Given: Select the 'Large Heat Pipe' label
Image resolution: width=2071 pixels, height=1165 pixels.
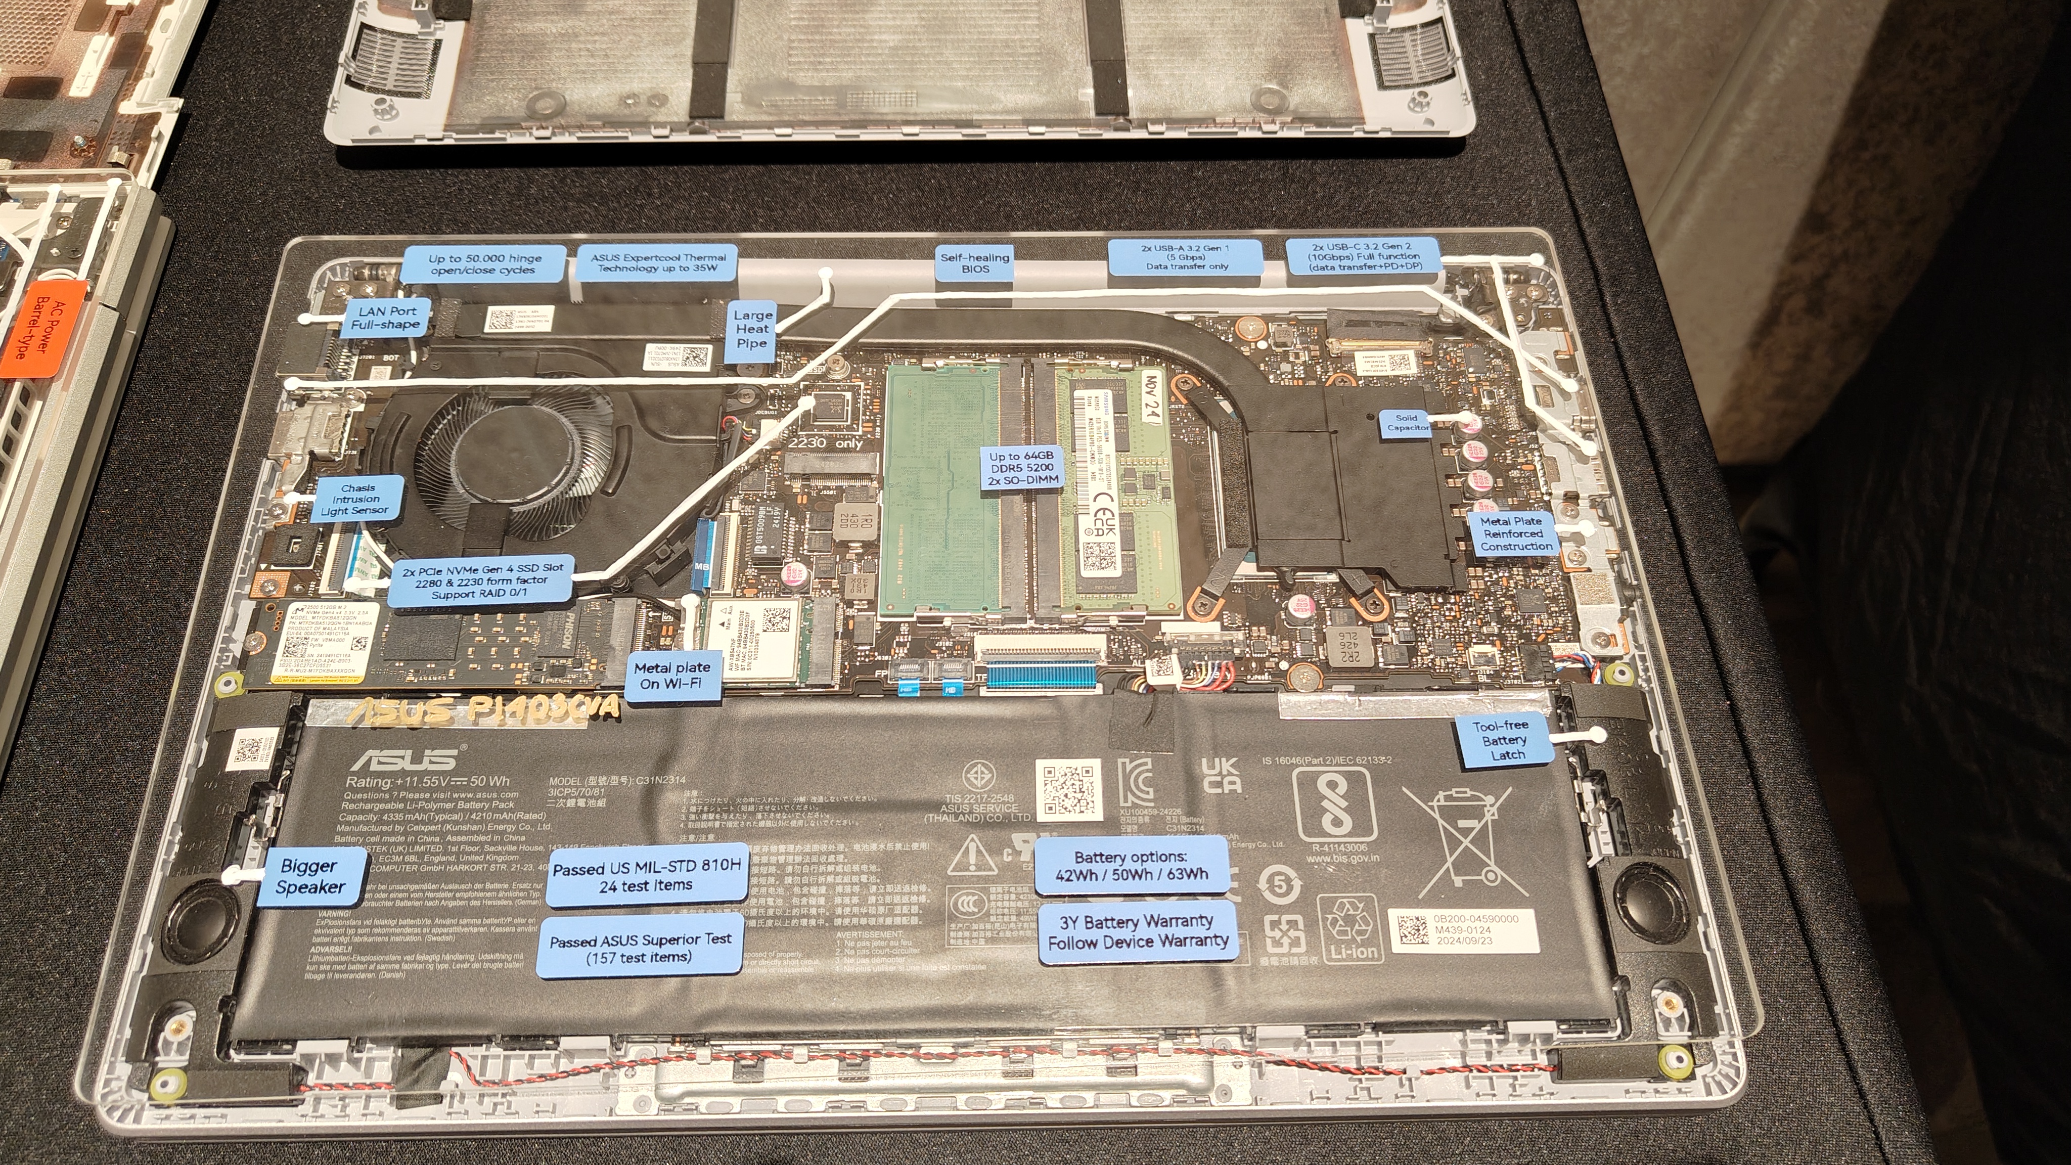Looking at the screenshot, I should [752, 329].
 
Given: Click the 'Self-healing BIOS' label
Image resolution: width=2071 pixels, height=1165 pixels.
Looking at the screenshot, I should [974, 263].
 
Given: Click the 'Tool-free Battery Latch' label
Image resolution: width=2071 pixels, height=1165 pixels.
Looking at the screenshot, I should [1503, 740].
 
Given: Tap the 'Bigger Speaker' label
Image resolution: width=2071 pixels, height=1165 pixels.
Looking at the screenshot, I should [309, 876].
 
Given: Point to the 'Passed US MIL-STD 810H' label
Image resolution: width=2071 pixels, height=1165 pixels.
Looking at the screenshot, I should [646, 876].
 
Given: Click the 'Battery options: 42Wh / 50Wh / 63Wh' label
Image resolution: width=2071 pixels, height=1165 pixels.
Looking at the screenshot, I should [1131, 866].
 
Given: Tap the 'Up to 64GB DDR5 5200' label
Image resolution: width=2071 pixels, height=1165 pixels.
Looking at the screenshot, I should [1021, 467].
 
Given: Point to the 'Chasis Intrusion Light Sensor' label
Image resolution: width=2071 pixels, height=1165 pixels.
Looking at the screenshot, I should [357, 499].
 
